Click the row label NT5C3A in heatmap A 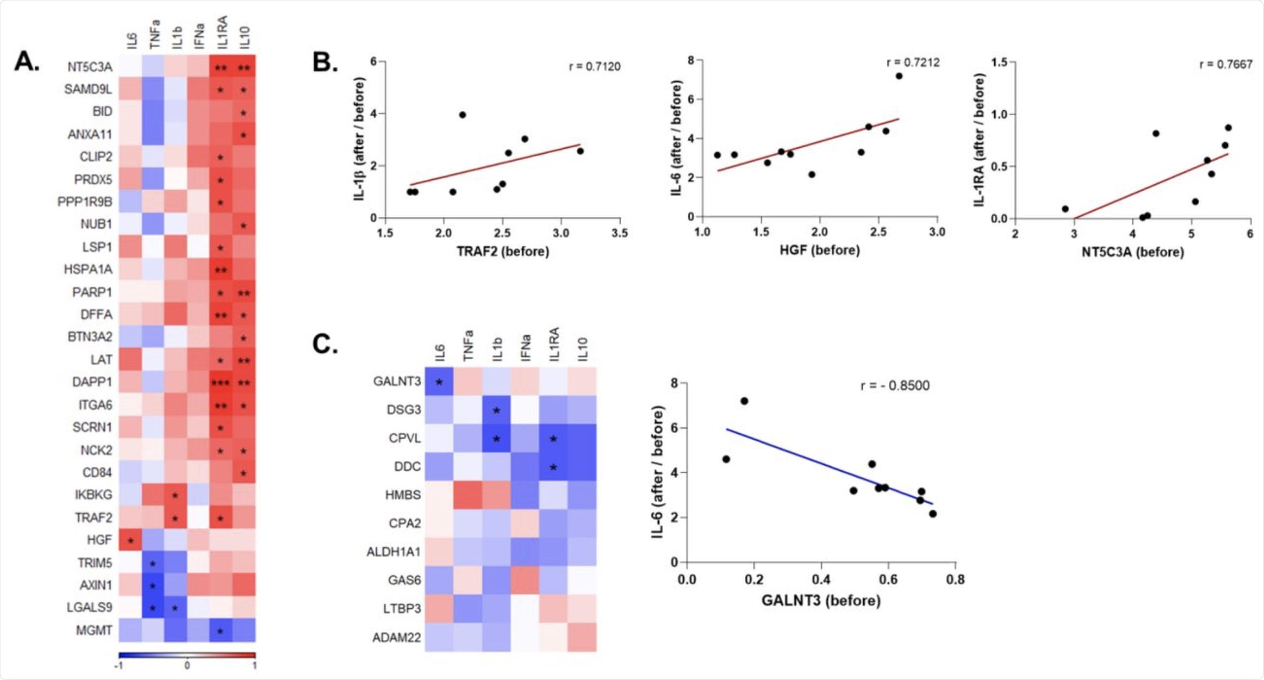point(89,67)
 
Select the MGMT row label point(94,630)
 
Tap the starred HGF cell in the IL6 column point(131,540)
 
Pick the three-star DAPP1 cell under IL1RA point(220,383)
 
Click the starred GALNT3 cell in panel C point(439,382)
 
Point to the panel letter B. point(325,63)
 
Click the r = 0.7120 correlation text point(594,67)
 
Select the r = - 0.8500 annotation point(895,386)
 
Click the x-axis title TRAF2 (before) point(502,252)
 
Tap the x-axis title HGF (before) point(819,251)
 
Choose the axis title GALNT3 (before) point(821,601)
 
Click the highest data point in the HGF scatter point(899,76)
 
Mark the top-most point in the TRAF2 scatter point(462,115)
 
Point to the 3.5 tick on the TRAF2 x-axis point(620,233)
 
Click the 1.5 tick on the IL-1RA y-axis point(999,63)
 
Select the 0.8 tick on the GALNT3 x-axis point(955,580)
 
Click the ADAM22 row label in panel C point(396,638)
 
